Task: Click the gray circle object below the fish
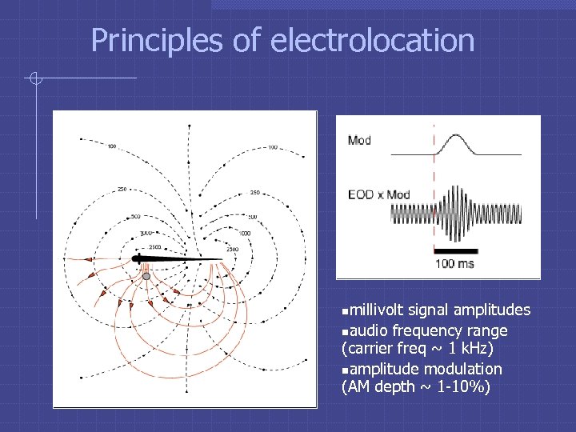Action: click(x=146, y=276)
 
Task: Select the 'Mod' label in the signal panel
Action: click(x=359, y=141)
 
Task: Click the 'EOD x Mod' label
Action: click(x=378, y=194)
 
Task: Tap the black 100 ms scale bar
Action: click(x=455, y=250)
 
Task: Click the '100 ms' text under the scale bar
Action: click(x=455, y=263)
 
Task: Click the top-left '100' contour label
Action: click(x=111, y=146)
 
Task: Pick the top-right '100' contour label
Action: click(x=273, y=147)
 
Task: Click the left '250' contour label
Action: click(x=122, y=190)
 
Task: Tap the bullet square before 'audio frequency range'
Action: click(x=345, y=331)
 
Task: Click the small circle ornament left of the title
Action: click(x=34, y=78)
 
